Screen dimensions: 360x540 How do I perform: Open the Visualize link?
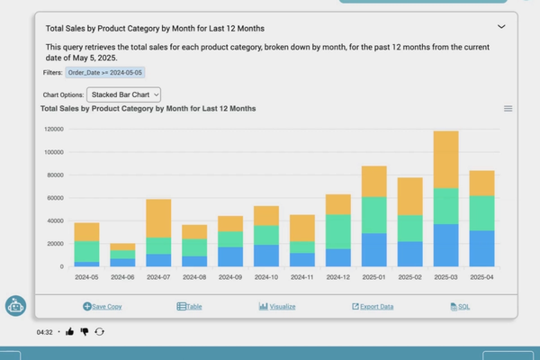[277, 307]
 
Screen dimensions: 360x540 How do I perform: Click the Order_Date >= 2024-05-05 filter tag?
[104, 72]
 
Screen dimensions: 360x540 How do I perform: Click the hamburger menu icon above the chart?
[508, 109]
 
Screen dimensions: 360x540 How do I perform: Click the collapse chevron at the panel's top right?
[501, 27]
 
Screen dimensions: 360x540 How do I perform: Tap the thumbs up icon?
[70, 331]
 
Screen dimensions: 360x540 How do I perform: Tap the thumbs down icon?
[85, 331]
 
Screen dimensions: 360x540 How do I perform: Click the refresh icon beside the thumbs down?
[99, 331]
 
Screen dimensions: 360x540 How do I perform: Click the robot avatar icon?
[15, 306]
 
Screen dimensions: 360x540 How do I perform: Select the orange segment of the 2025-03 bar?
[445, 159]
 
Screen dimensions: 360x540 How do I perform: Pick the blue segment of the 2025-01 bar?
[373, 249]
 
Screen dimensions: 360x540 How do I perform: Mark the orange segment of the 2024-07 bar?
[159, 218]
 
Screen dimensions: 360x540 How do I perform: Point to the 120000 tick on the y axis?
[53, 129]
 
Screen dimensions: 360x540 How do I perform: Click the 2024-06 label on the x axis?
[123, 277]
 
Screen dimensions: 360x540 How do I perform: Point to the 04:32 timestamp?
[45, 332]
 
